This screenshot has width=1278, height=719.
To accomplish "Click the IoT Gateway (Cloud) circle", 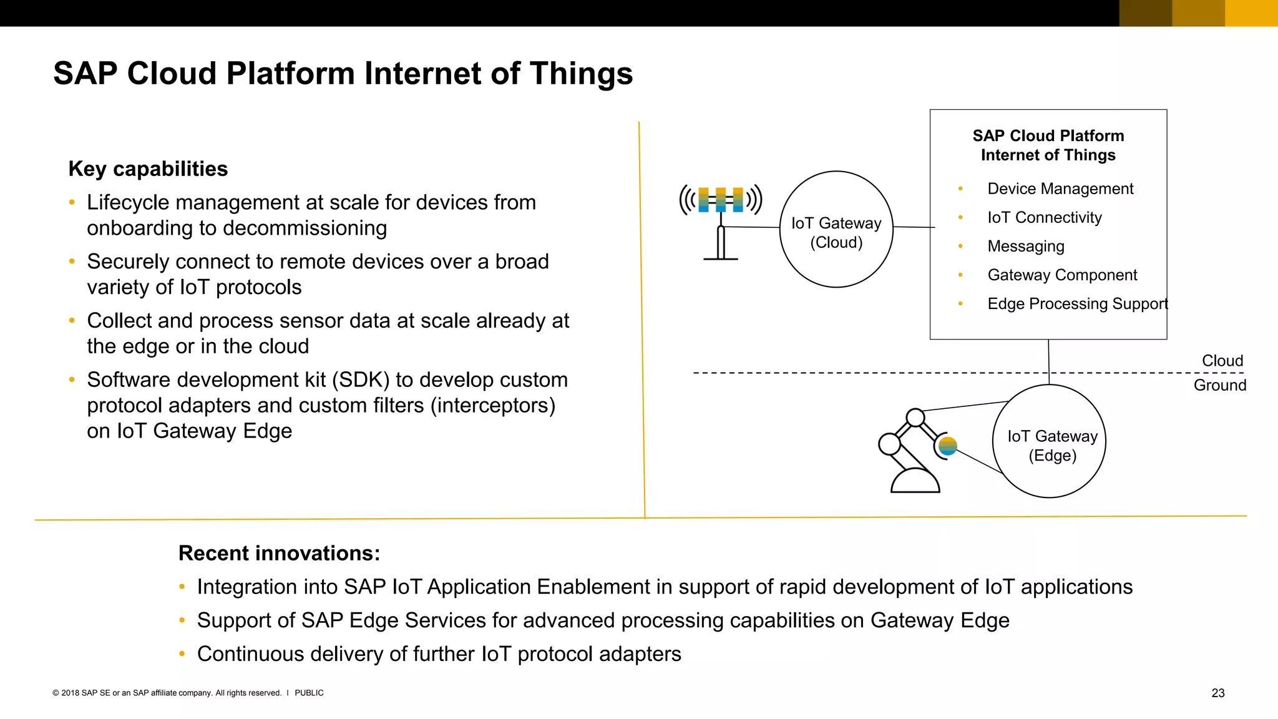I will coord(836,230).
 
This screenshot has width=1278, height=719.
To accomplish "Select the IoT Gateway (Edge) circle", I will coord(1049,441).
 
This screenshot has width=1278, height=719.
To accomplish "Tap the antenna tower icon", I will coord(721,222).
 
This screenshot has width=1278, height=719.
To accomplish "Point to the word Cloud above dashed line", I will coord(1222,361).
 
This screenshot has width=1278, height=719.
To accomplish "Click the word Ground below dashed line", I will coord(1219,385).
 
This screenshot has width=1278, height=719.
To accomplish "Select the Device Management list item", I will coord(1060,188).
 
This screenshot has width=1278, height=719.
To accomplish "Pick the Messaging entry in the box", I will coord(1025,246).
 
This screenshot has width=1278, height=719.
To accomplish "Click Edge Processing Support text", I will coord(1077,304).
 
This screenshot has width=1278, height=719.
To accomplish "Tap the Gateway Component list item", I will coord(1061,275).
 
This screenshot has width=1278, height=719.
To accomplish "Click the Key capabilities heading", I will coord(148,169).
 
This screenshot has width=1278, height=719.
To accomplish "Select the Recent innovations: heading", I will coord(279,553).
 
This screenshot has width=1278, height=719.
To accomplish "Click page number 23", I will coord(1217,693).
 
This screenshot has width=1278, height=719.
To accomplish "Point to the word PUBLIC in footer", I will coord(309,693).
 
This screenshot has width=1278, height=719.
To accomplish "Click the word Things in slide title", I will coord(581,73).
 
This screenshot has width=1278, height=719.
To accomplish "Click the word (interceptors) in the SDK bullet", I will coord(492,406).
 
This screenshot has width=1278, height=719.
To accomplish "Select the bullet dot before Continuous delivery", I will coord(182,654).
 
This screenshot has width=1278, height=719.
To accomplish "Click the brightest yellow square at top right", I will coord(1251,13).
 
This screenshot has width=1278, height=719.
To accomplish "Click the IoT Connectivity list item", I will coord(1044,217).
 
